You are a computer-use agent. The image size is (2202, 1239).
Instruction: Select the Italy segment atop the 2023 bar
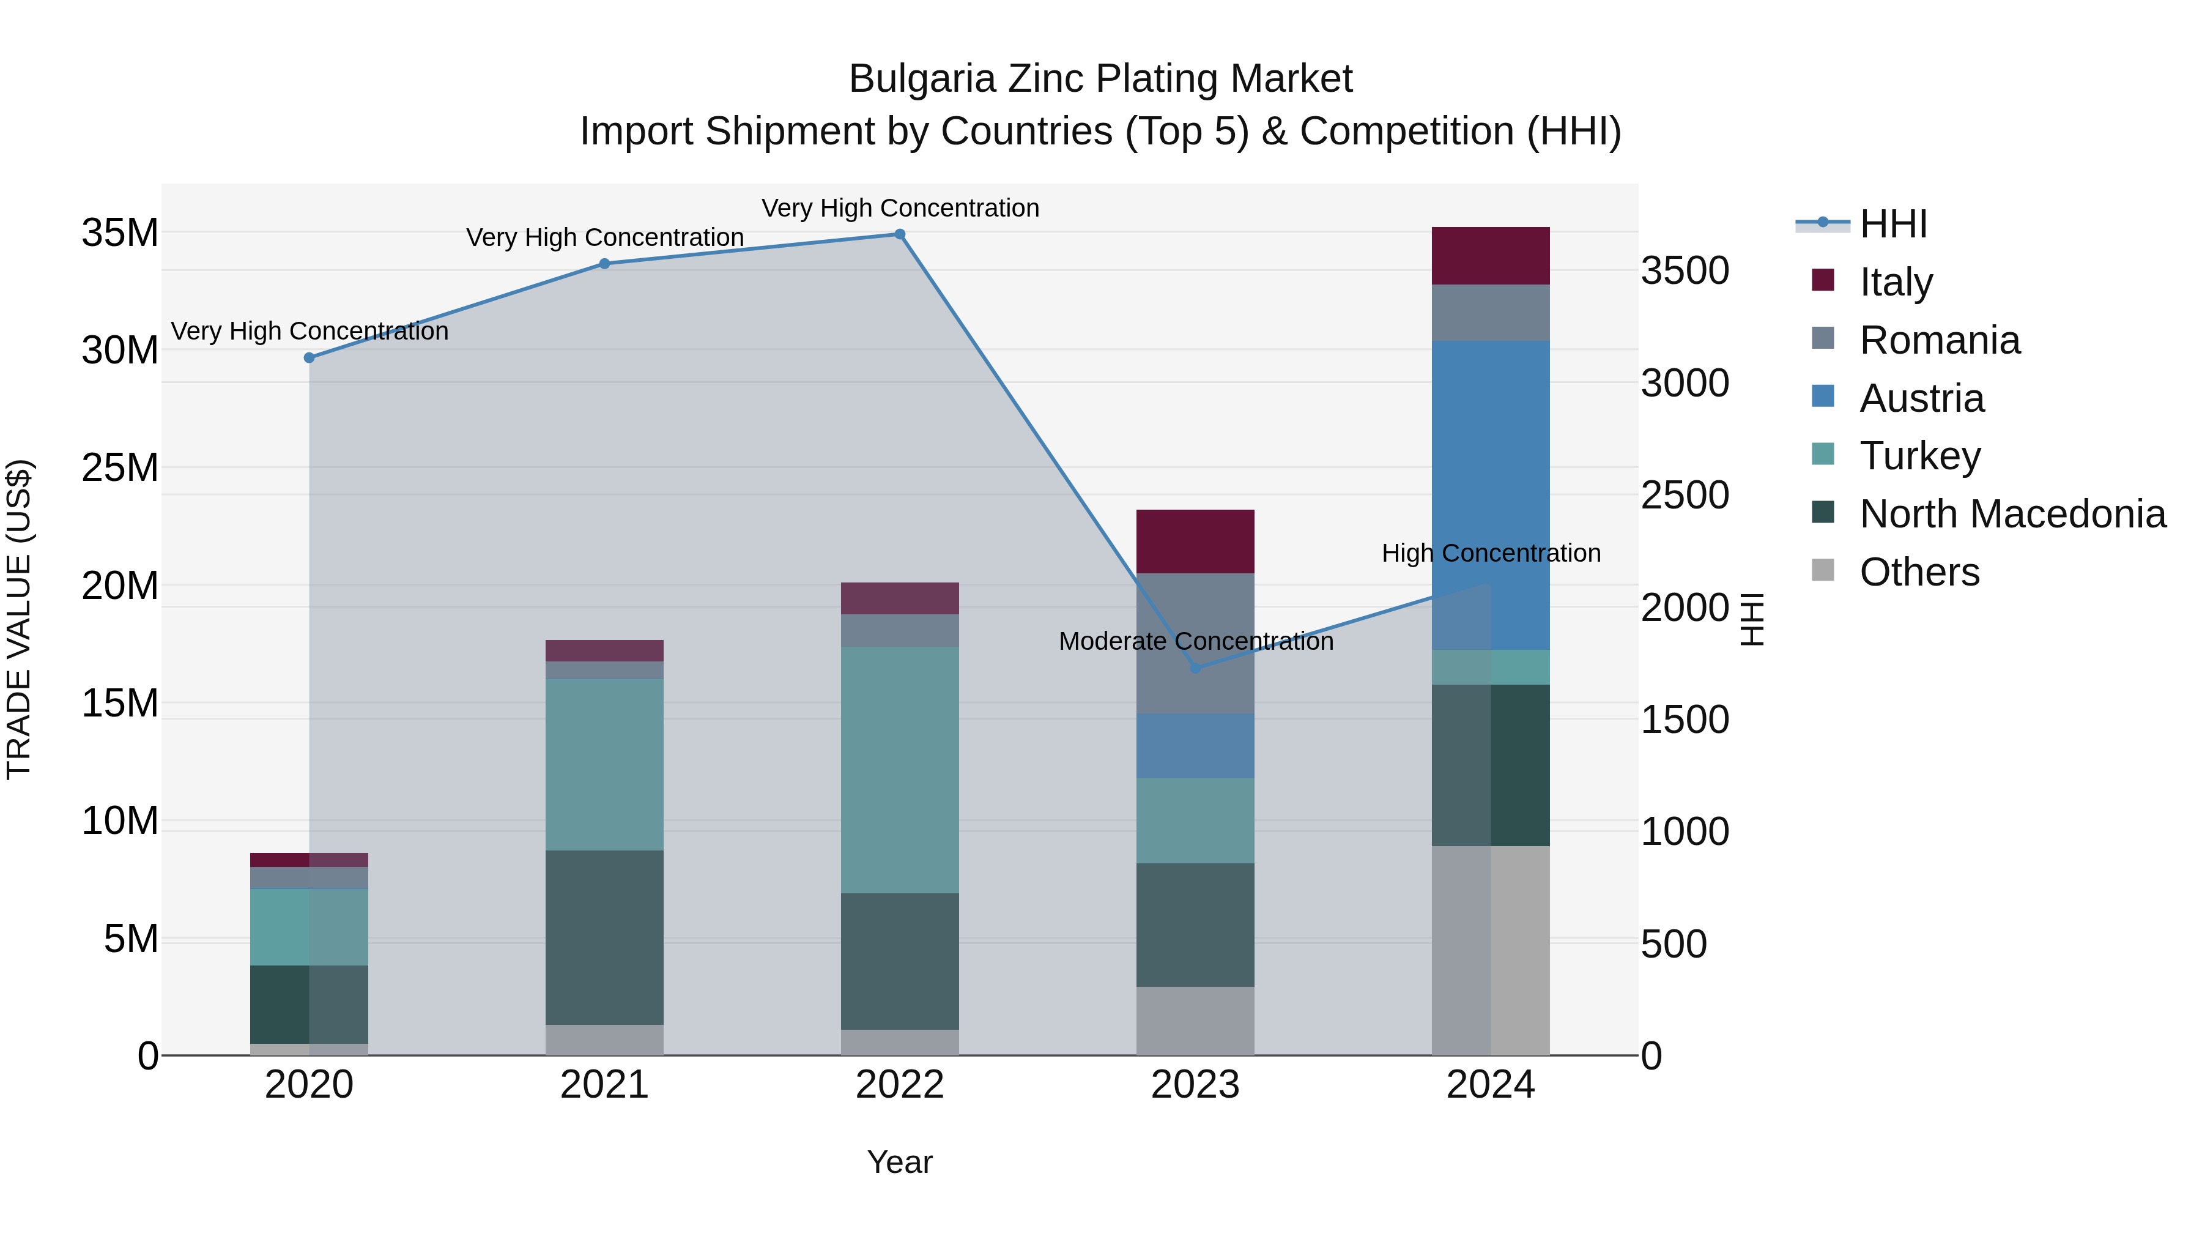[x=1195, y=541]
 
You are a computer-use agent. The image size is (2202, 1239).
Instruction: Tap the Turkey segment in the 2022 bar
[x=899, y=770]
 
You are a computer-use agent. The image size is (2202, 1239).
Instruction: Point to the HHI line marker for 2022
[x=899, y=234]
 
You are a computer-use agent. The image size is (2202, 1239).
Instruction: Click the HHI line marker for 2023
[x=1195, y=668]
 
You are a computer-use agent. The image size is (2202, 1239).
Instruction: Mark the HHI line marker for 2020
[x=310, y=357]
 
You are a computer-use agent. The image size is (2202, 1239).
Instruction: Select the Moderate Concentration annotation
[x=1195, y=641]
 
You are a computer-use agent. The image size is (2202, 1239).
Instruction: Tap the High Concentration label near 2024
[x=1490, y=553]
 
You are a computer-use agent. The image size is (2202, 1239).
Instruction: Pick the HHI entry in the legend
[x=1892, y=224]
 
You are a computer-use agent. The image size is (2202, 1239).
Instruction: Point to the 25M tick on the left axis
[x=120, y=467]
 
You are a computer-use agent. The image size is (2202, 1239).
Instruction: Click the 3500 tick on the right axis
[x=1684, y=271]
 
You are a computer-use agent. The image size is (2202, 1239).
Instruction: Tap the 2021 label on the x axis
[x=604, y=1085]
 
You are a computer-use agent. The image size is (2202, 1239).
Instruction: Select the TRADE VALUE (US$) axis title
[x=19, y=619]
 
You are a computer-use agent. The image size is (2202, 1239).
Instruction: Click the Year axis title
[x=899, y=1162]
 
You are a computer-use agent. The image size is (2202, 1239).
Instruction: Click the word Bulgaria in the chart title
[x=922, y=79]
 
